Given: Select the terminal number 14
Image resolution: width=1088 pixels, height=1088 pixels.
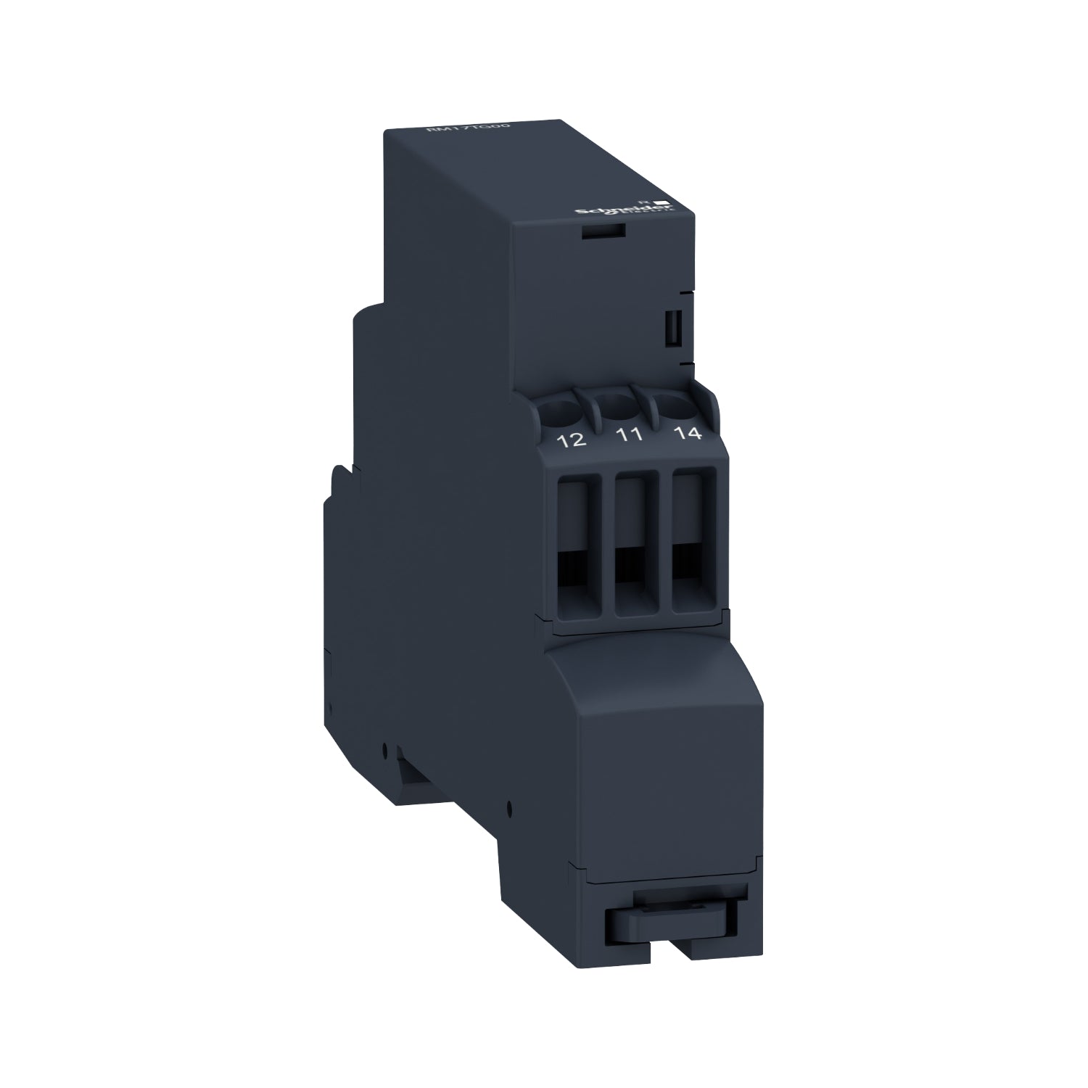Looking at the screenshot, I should click(x=686, y=434).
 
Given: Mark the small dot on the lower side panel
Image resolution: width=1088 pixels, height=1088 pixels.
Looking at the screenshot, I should click(x=511, y=805).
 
